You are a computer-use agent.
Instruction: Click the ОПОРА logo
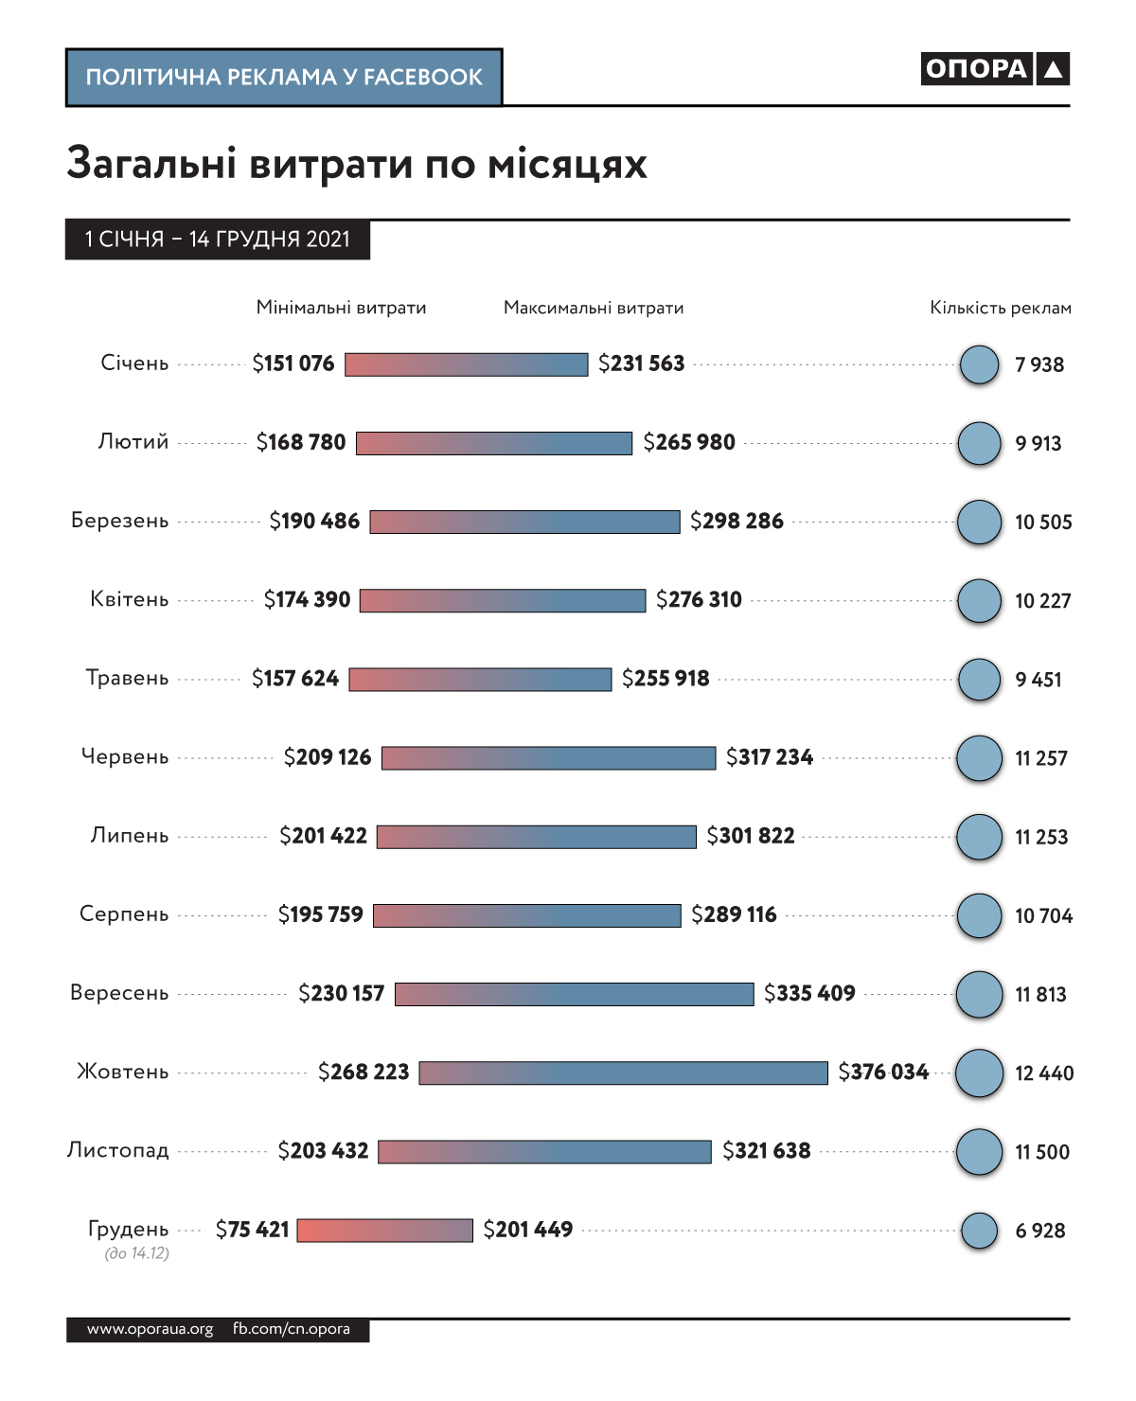994,69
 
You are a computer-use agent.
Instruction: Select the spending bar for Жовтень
623,1073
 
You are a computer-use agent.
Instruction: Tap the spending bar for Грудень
384,1230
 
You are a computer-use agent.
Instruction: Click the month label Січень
134,364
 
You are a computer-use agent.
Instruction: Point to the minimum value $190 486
314,521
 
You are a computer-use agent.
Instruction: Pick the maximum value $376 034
883,1072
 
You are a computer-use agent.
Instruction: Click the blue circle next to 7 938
979,364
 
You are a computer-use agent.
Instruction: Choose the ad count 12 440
1044,1073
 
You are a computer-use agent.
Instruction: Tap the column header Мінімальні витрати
341,308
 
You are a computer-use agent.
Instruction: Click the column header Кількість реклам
1001,308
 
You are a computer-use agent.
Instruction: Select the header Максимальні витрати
594,308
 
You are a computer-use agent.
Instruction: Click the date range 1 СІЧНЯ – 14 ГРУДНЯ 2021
217,239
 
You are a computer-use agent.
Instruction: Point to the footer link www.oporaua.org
150,1329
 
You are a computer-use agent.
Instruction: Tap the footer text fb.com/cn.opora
292,1329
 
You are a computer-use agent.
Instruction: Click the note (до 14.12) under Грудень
136,1253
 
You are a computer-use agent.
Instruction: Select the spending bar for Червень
548,757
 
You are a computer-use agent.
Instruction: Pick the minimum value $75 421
252,1230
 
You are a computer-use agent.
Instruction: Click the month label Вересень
119,993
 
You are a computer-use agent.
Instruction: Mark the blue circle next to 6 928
979,1231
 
